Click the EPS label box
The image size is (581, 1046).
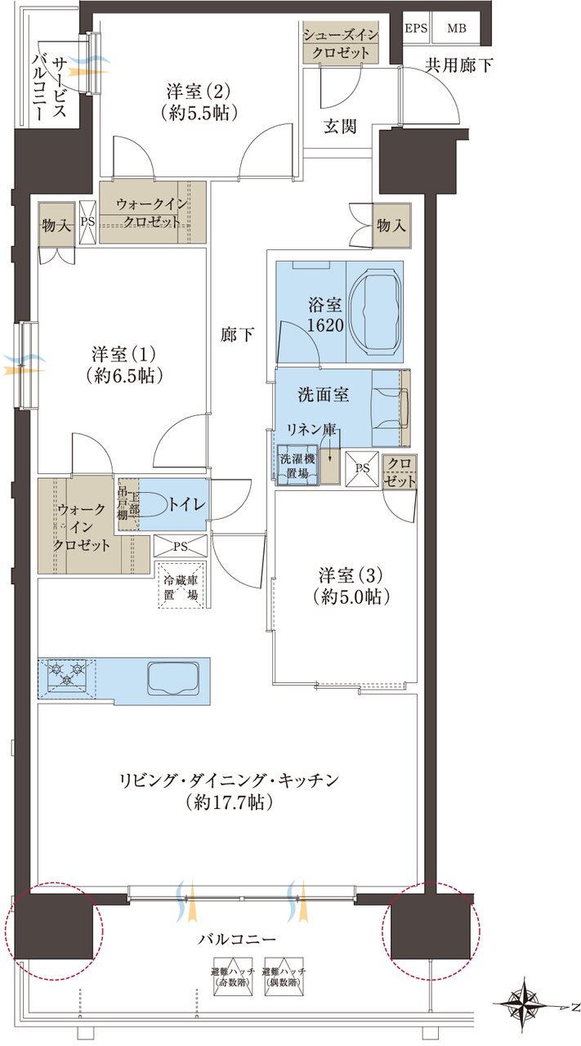pyautogui.click(x=416, y=27)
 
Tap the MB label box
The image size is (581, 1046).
pyautogui.click(x=457, y=27)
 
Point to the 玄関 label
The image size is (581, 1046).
pyautogui.click(x=340, y=127)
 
